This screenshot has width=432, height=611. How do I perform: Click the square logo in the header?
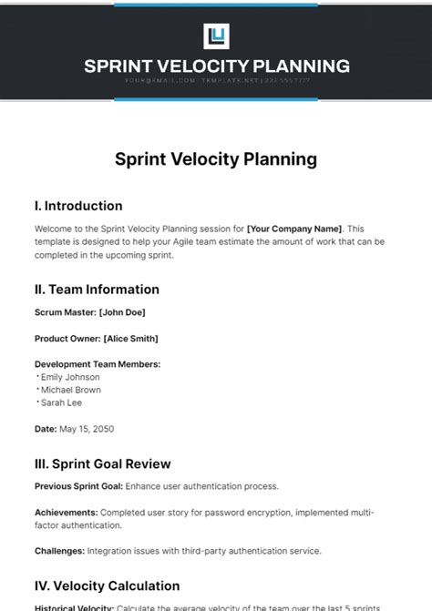coord(216,37)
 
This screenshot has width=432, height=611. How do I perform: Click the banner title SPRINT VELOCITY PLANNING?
coord(216,66)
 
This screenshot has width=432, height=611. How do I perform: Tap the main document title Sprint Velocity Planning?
coord(216,159)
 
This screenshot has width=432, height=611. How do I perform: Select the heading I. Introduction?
coord(78,206)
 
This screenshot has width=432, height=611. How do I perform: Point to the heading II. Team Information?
coord(97,290)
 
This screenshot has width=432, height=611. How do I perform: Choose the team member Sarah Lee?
coord(59,402)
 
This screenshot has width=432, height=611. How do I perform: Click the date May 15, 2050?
coord(86,428)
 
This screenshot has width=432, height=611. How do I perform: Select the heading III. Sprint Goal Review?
coord(102,464)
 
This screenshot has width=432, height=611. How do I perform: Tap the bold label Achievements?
coord(67,512)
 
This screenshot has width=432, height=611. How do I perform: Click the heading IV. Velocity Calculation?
coord(107,586)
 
